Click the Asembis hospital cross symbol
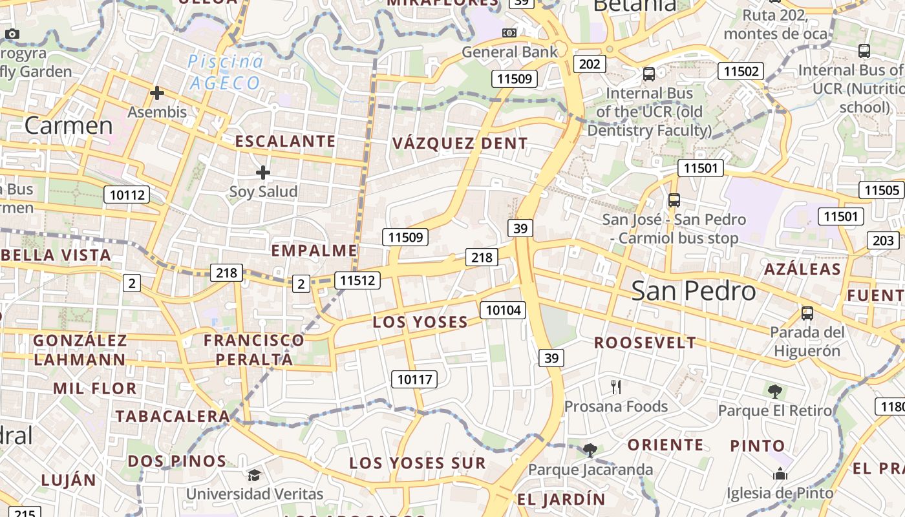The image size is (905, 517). (156, 93)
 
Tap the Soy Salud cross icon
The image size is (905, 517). (262, 173)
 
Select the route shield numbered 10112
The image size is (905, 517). (127, 195)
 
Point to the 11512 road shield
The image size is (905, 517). (357, 280)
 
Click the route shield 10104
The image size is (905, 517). (503, 310)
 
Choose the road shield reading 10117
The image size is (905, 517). (414, 379)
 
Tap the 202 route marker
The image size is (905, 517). (590, 64)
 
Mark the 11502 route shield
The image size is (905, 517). (741, 71)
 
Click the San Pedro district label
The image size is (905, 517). (694, 291)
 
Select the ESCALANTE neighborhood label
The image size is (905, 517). (285, 141)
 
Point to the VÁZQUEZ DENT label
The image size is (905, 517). (460, 143)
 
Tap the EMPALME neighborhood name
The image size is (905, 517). (314, 251)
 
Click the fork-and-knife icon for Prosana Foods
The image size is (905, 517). (616, 387)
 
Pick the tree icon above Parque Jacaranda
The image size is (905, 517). (590, 450)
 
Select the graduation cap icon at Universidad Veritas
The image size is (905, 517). (255, 476)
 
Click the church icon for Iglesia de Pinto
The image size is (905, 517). (780, 474)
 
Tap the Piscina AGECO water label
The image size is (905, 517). (226, 72)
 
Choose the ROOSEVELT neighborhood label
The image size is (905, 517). (645, 343)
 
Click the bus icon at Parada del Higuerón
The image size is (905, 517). (807, 313)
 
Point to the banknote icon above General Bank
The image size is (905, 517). (509, 32)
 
